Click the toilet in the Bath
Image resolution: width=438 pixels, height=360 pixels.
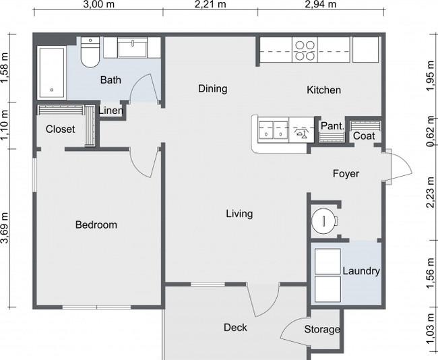tap(90, 53)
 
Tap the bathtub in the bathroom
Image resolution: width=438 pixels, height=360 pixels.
tap(52, 73)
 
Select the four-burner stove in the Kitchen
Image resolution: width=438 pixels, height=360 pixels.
tap(305, 50)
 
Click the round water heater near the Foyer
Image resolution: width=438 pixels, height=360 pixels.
tap(324, 221)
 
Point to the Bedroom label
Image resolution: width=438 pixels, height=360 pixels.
tap(96, 224)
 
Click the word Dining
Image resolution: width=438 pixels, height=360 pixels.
tap(212, 88)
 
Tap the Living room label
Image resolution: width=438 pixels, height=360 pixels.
tap(239, 214)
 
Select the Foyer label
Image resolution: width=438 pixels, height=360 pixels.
tap(346, 173)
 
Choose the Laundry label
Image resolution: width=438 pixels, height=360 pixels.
tap(361, 271)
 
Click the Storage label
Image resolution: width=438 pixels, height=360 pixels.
tap(322, 329)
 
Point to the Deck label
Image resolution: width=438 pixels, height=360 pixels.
tap(235, 328)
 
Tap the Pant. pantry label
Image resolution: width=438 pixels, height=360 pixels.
tap(332, 126)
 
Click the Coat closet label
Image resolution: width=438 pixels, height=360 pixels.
tap(364, 136)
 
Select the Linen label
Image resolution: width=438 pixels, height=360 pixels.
tap(111, 111)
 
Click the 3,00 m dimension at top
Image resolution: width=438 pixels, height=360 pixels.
tap(98, 5)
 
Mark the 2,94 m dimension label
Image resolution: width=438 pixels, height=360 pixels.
tap(321, 5)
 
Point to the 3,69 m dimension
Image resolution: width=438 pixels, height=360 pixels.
tap(5, 229)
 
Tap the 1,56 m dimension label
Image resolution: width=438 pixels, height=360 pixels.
tap(431, 273)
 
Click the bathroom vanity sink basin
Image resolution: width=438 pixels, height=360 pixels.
tap(132, 47)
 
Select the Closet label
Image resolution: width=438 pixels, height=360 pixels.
tap(61, 129)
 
